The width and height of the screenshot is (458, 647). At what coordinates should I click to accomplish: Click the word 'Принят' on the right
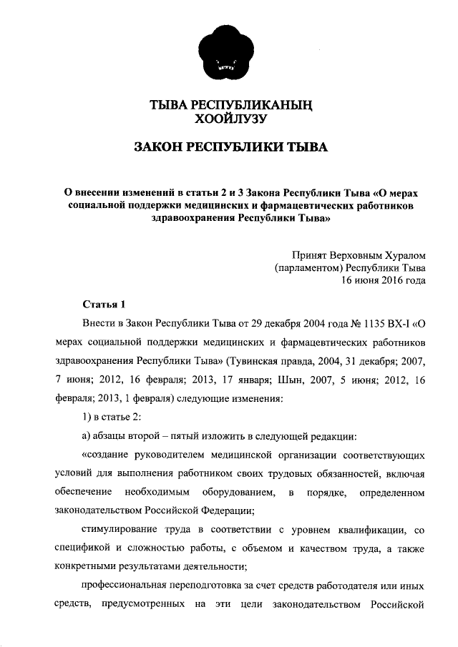click(x=312, y=253)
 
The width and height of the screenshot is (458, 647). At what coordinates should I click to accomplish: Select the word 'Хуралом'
click(x=401, y=253)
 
